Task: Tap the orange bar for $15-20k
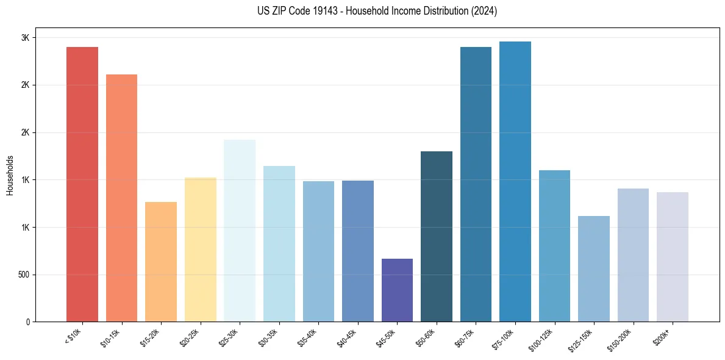pyautogui.click(x=161, y=262)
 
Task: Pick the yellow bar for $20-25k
pyautogui.click(x=200, y=250)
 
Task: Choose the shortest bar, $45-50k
pyautogui.click(x=397, y=290)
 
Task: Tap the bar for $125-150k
pyautogui.click(x=594, y=268)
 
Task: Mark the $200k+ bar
pyautogui.click(x=673, y=257)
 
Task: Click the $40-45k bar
pyautogui.click(x=358, y=251)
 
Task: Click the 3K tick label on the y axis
pyautogui.click(x=25, y=38)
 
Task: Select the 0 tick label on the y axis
pyautogui.click(x=27, y=322)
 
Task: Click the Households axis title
pyautogui.click(x=10, y=175)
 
